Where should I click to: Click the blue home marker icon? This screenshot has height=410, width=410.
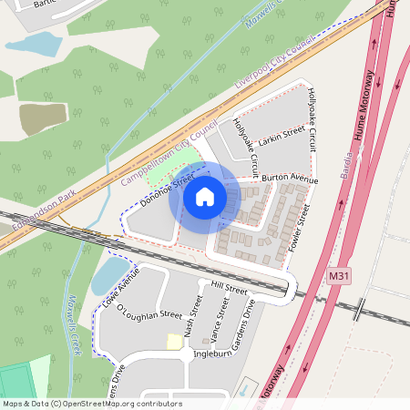(205, 196)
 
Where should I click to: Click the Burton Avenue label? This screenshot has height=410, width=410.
(289, 179)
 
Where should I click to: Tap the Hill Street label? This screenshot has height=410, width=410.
(228, 288)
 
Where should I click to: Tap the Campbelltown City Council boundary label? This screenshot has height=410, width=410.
(169, 153)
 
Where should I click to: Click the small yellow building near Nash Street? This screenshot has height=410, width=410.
(173, 341)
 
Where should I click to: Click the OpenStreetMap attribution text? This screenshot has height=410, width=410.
(91, 404)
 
